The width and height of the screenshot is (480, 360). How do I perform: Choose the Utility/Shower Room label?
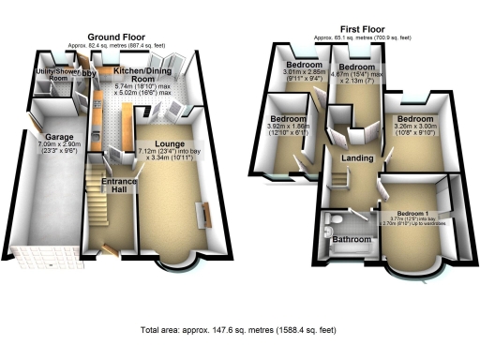coord(53,74)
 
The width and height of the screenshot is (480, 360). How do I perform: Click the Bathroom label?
coord(352,239)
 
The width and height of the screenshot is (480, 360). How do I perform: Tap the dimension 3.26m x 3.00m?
coord(413,132)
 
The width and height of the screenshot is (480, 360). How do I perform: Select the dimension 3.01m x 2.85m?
coord(304,77)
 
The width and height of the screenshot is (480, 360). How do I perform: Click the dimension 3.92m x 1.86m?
coord(289,132)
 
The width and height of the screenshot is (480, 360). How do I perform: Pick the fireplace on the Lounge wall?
coord(202,216)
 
